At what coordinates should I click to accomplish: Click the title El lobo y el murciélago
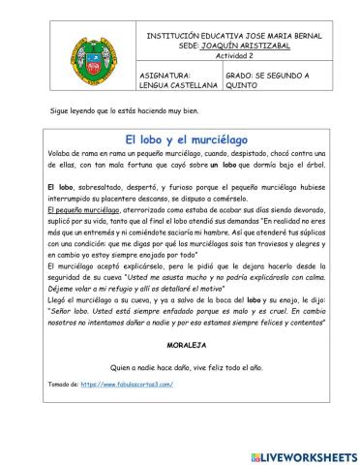180,139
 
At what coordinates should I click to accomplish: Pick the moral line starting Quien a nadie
180,367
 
